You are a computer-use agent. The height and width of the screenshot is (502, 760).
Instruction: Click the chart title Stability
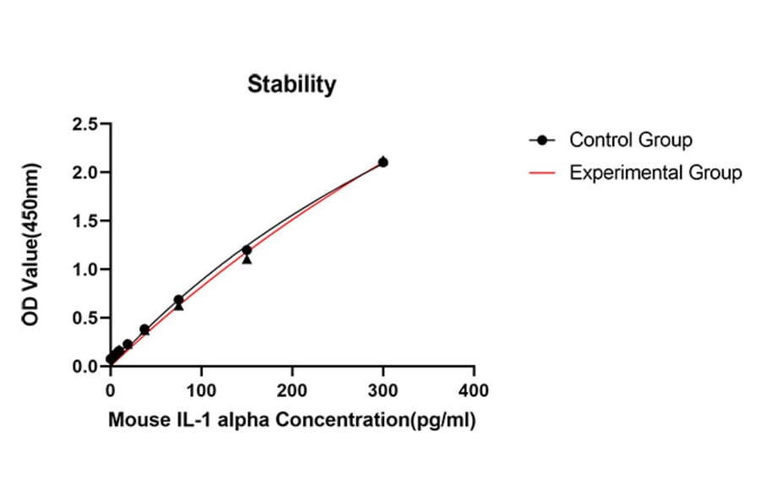pyautogui.click(x=291, y=85)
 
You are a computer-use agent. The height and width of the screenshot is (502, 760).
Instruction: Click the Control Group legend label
pyautogui.click(x=631, y=139)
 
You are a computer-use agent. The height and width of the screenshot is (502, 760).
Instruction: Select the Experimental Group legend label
pyautogui.click(x=655, y=173)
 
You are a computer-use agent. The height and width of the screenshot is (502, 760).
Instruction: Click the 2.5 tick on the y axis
pyautogui.click(x=84, y=124)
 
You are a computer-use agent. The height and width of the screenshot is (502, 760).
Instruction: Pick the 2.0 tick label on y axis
pyautogui.click(x=84, y=172)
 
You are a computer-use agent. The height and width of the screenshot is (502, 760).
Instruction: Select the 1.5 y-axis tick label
pyautogui.click(x=84, y=221)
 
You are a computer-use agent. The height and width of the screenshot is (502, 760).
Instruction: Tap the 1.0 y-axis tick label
pyautogui.click(x=84, y=270)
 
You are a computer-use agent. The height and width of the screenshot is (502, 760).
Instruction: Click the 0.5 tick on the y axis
pyautogui.click(x=84, y=319)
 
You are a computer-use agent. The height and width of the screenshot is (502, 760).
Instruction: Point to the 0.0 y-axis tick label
pyautogui.click(x=84, y=367)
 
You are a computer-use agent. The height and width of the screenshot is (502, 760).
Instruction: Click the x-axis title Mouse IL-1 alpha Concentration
pyautogui.click(x=291, y=420)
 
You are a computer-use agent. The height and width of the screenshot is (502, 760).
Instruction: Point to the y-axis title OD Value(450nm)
pyautogui.click(x=31, y=245)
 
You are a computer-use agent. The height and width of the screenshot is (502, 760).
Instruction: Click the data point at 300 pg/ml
pyautogui.click(x=383, y=162)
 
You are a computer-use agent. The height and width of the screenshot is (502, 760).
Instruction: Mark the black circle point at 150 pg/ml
pyautogui.click(x=247, y=250)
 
